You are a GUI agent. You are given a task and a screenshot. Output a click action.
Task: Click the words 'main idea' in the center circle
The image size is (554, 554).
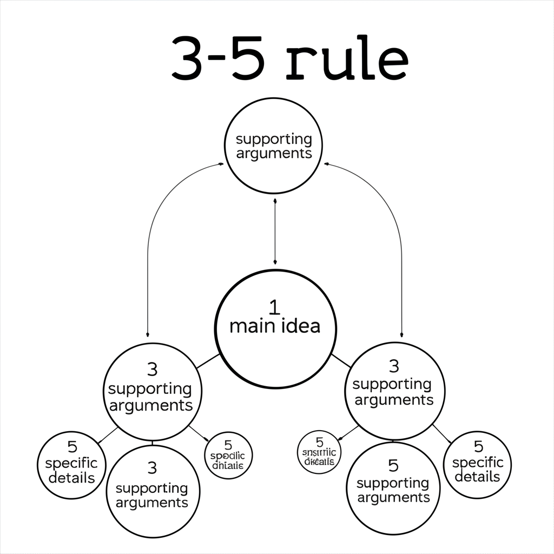[x=275, y=326]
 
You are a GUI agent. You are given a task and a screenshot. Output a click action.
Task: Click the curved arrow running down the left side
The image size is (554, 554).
[x=148, y=254]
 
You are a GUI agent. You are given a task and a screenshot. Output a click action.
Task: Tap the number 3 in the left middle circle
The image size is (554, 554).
[x=152, y=370]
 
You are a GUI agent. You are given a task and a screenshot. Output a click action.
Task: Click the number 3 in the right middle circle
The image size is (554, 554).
[x=394, y=366]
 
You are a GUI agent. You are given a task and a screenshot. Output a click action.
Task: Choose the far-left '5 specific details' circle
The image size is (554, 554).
[x=71, y=465]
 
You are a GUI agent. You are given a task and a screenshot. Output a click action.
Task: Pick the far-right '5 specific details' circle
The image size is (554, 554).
[x=477, y=464]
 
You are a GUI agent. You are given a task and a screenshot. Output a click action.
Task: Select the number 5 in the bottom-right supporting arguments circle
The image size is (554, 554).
[x=393, y=465]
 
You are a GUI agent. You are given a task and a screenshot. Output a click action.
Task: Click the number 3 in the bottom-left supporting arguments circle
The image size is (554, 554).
[x=152, y=467]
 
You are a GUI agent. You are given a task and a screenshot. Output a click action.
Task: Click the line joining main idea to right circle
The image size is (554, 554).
[x=340, y=360]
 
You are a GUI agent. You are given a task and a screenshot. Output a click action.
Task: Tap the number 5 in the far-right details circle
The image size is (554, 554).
[x=478, y=446]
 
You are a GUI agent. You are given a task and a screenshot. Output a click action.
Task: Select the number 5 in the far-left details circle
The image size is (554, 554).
[x=72, y=447]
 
